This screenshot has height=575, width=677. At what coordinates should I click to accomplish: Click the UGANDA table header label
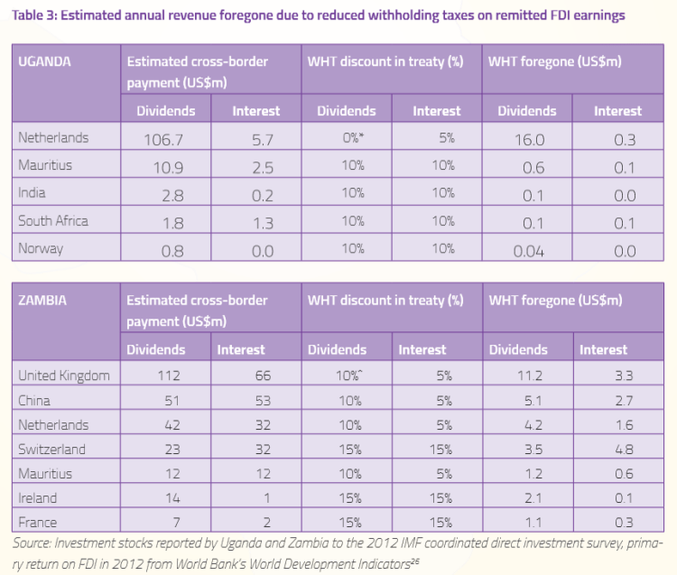(44, 62)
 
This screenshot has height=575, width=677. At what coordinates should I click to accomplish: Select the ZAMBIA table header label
(42, 301)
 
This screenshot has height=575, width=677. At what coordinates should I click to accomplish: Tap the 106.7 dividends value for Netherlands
(165, 139)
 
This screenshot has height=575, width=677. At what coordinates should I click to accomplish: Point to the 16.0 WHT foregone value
(527, 139)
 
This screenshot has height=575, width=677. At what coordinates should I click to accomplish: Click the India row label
(32, 193)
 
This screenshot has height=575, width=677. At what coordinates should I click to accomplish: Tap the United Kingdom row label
(63, 376)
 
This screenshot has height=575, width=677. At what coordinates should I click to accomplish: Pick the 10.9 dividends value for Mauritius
(165, 167)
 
